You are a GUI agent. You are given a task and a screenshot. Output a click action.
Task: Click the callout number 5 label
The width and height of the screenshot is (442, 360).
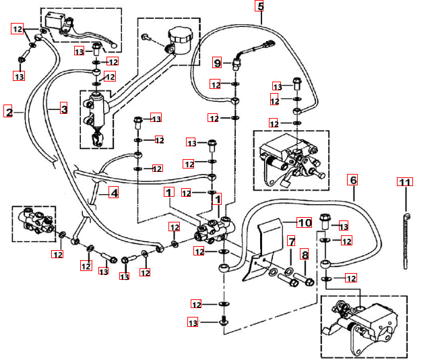click(x=260, y=7)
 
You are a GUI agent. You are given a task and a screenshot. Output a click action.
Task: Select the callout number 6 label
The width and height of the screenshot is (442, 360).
click(x=352, y=181)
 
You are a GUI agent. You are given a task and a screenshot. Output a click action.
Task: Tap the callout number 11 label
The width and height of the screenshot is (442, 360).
click(x=404, y=183)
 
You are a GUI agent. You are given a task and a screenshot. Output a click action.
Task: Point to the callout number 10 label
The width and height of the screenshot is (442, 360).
click(x=304, y=222)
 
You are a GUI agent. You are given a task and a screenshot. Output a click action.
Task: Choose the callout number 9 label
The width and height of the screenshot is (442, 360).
click(x=217, y=63)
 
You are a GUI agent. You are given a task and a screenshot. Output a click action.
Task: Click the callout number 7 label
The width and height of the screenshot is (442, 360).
click(x=291, y=241)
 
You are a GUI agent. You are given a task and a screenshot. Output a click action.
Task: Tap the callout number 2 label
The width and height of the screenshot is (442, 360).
click(x=9, y=111)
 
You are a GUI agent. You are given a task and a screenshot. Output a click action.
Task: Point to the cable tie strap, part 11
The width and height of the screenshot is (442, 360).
click(x=406, y=239)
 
